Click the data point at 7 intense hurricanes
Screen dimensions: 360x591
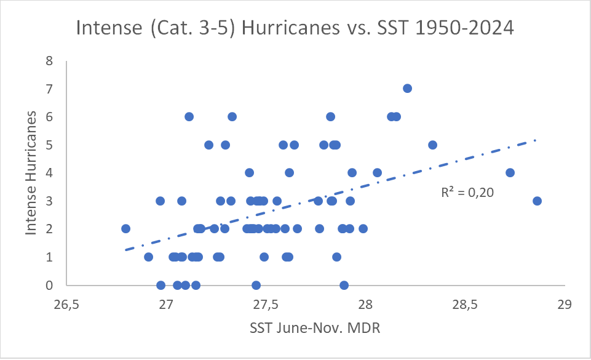(x=407, y=89)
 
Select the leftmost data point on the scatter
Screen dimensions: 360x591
(x=126, y=229)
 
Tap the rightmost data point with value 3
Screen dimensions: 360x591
(x=537, y=201)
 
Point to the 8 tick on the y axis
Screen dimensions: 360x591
(x=49, y=61)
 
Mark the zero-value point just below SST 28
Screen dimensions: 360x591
(x=344, y=285)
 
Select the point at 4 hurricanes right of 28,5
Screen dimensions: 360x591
(x=510, y=173)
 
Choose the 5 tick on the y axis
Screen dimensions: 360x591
(x=49, y=145)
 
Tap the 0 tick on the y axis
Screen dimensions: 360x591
(x=49, y=285)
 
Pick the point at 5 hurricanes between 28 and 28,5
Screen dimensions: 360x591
(x=432, y=145)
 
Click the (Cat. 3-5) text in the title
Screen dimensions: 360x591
(x=194, y=28)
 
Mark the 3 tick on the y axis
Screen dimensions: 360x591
(x=49, y=201)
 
